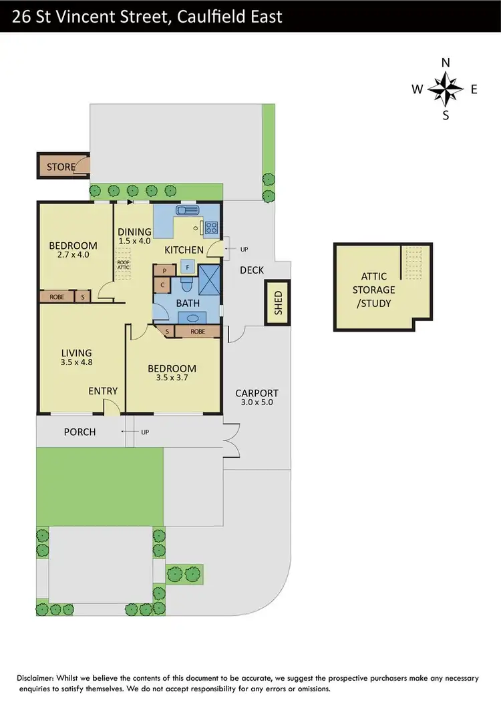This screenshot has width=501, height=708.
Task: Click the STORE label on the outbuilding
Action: pyautogui.click(x=60, y=167)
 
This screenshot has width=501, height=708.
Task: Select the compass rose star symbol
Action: pyautogui.click(x=446, y=89)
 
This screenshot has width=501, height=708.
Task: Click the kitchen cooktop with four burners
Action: pyautogui.click(x=211, y=227)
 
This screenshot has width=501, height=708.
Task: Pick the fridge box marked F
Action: pyautogui.click(x=188, y=268)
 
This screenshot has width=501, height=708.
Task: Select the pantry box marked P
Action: pyautogui.click(x=163, y=271)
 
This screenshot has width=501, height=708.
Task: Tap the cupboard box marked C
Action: pyautogui.click(x=163, y=286)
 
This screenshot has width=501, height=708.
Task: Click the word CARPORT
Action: pyautogui.click(x=257, y=393)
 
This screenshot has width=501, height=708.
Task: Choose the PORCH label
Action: pyautogui.click(x=79, y=432)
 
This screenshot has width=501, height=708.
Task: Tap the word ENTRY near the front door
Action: pyautogui.click(x=103, y=391)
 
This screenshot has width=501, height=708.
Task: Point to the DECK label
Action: pyautogui.click(x=252, y=270)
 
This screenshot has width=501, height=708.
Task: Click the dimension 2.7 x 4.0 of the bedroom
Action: pyautogui.click(x=73, y=254)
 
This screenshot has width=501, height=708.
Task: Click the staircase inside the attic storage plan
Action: pyautogui.click(x=414, y=262)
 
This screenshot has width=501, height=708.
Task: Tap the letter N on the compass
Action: pyautogui.click(x=446, y=63)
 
